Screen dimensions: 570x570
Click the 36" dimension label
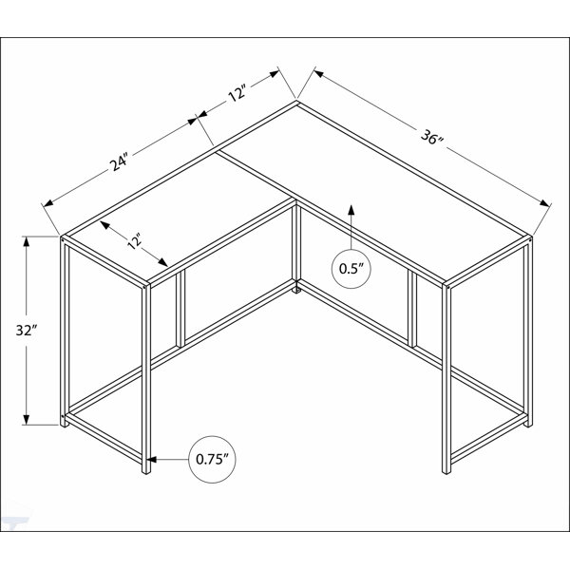(x=432, y=138)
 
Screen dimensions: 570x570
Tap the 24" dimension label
(x=119, y=162)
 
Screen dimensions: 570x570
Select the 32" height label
(x=27, y=330)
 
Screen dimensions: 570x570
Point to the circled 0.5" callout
(x=351, y=269)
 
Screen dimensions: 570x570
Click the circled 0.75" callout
(x=212, y=460)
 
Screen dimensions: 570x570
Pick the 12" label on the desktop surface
(x=134, y=242)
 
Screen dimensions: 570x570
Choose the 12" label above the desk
(x=237, y=93)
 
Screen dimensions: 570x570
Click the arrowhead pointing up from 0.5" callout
(x=351, y=210)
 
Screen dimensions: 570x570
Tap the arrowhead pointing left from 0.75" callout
(x=152, y=460)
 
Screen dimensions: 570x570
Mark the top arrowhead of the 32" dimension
(x=27, y=241)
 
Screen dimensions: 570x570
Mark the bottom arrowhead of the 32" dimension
(x=27, y=419)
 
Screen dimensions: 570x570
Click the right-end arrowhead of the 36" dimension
(x=544, y=203)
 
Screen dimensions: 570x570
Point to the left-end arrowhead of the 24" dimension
(x=48, y=203)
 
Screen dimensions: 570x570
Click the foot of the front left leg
(x=145, y=471)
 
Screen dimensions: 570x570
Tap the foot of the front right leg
(x=446, y=471)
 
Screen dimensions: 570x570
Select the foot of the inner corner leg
(x=296, y=290)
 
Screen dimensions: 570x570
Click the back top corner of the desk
(x=297, y=102)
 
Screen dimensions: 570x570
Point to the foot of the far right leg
(x=528, y=424)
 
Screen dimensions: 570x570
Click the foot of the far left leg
(x=65, y=424)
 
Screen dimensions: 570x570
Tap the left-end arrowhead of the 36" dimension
(x=319, y=74)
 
